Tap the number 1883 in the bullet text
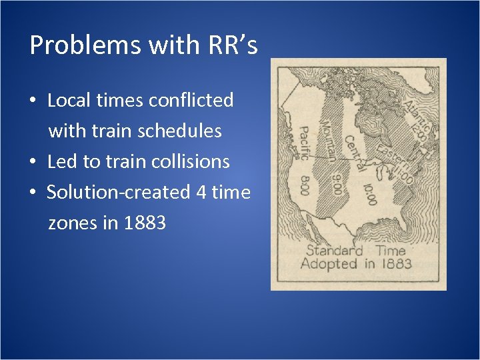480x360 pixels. coord(145,223)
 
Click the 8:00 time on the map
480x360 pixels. coord(305,184)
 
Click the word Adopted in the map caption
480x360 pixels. coord(329,263)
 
